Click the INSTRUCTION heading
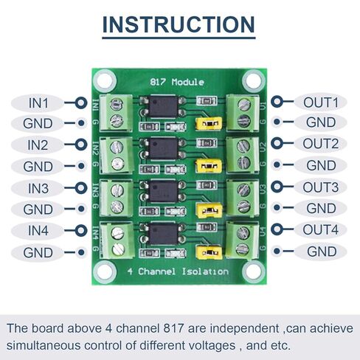pos(179,24)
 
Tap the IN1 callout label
pos(38,103)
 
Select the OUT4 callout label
pos(320,229)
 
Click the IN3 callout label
pos(38,189)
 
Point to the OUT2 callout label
pos(320,144)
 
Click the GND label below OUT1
pos(321,122)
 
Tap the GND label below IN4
pos(38,252)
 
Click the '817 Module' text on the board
pos(177,82)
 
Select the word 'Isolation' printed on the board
pos(205,271)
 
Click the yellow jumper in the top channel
pos(209,123)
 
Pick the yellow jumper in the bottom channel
pos(209,252)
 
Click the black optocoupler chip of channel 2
pos(163,148)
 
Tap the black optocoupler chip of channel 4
pos(163,234)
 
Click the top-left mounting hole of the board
pos(105,80)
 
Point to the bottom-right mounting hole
pos(254,272)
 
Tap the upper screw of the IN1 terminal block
pos(117,104)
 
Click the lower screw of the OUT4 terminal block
pos(242,249)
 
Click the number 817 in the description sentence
pos(173,328)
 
